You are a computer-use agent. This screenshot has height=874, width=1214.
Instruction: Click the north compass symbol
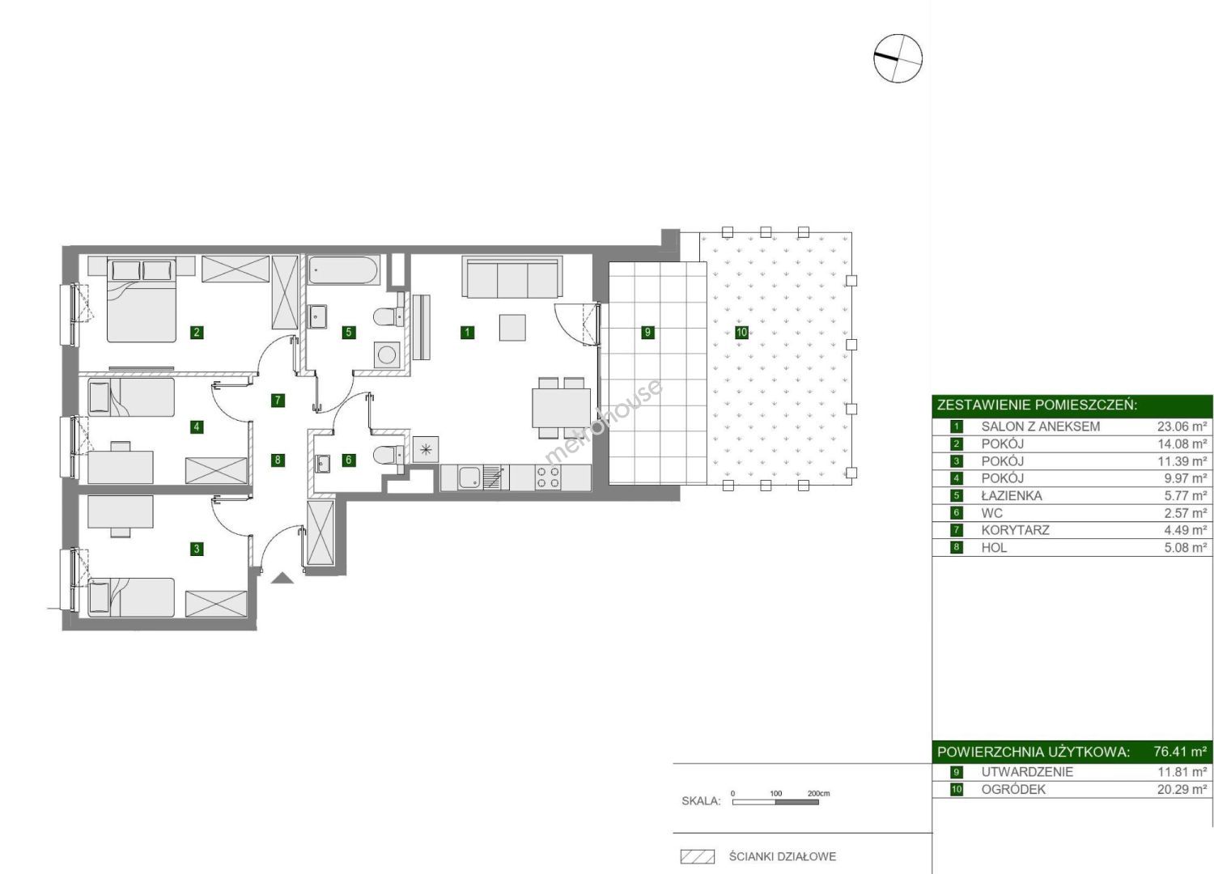point(898,58)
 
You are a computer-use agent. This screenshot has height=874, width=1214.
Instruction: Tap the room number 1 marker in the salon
point(467,332)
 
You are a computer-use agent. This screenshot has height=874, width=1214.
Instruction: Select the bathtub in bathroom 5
point(344,269)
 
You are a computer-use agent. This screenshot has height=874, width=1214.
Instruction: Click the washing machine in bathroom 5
point(387,355)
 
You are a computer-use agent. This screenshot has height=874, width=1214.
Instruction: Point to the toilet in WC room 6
point(389,454)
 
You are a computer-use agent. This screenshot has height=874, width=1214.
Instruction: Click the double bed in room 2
point(142,301)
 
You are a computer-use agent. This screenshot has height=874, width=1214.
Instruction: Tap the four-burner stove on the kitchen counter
point(548,477)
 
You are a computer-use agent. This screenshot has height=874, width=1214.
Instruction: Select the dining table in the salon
point(562,408)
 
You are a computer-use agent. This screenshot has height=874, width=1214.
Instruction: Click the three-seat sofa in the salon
point(511,278)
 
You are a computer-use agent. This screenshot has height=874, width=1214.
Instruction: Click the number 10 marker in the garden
point(741,332)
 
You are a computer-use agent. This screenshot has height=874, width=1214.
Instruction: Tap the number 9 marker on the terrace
point(647,332)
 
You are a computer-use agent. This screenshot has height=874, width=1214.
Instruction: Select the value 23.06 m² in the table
point(1182,426)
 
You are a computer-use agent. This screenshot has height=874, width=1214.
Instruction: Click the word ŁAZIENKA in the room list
point(1012,495)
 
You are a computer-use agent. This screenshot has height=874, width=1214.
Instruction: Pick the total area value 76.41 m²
point(1180,752)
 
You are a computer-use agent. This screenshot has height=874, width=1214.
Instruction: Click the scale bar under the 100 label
point(775,802)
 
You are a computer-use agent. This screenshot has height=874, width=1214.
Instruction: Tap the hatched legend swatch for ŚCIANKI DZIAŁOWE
point(698,857)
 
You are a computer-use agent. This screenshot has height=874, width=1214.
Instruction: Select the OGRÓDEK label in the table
point(1013,790)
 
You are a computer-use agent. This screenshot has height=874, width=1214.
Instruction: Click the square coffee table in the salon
point(512,327)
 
